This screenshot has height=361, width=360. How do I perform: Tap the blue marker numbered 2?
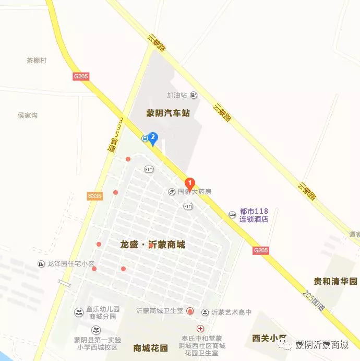tap(153, 137)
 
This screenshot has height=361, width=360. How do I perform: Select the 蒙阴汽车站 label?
tap(168, 113)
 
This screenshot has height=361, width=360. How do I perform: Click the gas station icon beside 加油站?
tap(194, 95)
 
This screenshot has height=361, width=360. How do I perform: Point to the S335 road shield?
tap(95, 196)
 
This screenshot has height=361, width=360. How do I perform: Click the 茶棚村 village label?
tap(37, 61)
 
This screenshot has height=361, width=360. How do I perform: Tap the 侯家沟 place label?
tap(28, 115)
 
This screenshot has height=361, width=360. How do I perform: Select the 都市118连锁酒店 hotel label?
tap(254, 215)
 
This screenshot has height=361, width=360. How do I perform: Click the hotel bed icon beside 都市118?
tap(232, 215)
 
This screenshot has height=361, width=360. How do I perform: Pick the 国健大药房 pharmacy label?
tap(195, 192)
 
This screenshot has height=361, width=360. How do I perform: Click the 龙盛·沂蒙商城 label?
tap(152, 244)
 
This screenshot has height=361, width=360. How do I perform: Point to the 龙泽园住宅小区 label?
tap(70, 264)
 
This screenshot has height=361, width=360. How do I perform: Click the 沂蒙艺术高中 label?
tap(231, 312)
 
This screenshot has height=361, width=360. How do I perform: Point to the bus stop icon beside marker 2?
tap(145, 138)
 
